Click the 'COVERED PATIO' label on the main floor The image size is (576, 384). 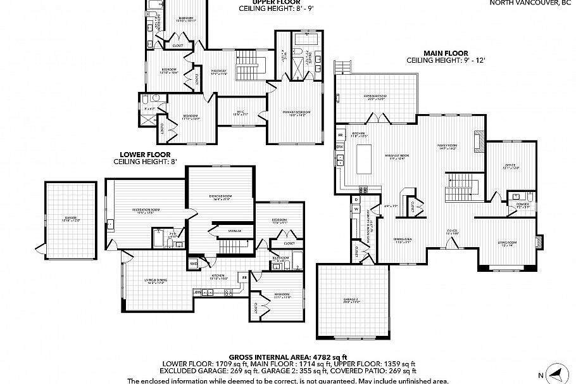[374, 97]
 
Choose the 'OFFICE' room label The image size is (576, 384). [510, 166]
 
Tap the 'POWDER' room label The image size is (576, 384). [523, 205]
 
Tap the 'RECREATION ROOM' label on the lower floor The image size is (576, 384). [146, 210]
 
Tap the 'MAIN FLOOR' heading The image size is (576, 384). [446, 54]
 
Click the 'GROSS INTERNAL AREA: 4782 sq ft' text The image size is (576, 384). [287, 357]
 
